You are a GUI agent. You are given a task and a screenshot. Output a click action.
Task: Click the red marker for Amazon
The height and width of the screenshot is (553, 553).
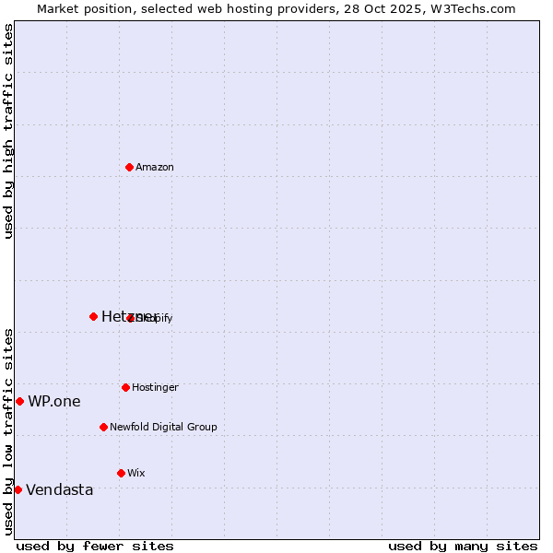129,167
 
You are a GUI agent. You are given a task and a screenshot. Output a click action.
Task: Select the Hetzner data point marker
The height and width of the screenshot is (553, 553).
93,316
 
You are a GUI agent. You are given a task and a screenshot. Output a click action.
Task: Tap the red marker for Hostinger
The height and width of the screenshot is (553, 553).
125,387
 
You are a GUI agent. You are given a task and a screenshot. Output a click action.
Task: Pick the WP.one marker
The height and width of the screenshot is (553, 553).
19,401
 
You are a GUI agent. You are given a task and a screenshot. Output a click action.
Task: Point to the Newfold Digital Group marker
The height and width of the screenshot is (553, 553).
103,427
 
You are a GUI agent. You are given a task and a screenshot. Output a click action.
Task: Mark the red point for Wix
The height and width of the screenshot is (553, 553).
121,473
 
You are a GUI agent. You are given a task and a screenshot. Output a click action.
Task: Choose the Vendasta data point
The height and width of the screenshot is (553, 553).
18,489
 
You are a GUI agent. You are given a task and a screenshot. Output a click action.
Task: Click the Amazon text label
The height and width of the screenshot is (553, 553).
155,168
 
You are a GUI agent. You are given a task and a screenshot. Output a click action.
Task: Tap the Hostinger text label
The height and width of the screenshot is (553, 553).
155,388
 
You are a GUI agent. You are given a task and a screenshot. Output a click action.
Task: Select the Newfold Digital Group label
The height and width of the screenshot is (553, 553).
163,428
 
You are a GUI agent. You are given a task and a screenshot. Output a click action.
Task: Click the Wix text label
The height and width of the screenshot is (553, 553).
136,474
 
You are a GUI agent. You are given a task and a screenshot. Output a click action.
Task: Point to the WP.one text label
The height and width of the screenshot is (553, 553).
54,402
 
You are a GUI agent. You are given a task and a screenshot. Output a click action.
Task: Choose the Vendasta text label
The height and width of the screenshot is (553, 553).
60,490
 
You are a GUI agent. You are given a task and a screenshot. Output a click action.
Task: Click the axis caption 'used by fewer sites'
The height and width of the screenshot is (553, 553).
95,547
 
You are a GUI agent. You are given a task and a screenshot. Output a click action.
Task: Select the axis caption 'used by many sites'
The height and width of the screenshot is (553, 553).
463,547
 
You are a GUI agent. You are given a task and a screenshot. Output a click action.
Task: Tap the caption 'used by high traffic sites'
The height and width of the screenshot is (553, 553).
8,131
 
